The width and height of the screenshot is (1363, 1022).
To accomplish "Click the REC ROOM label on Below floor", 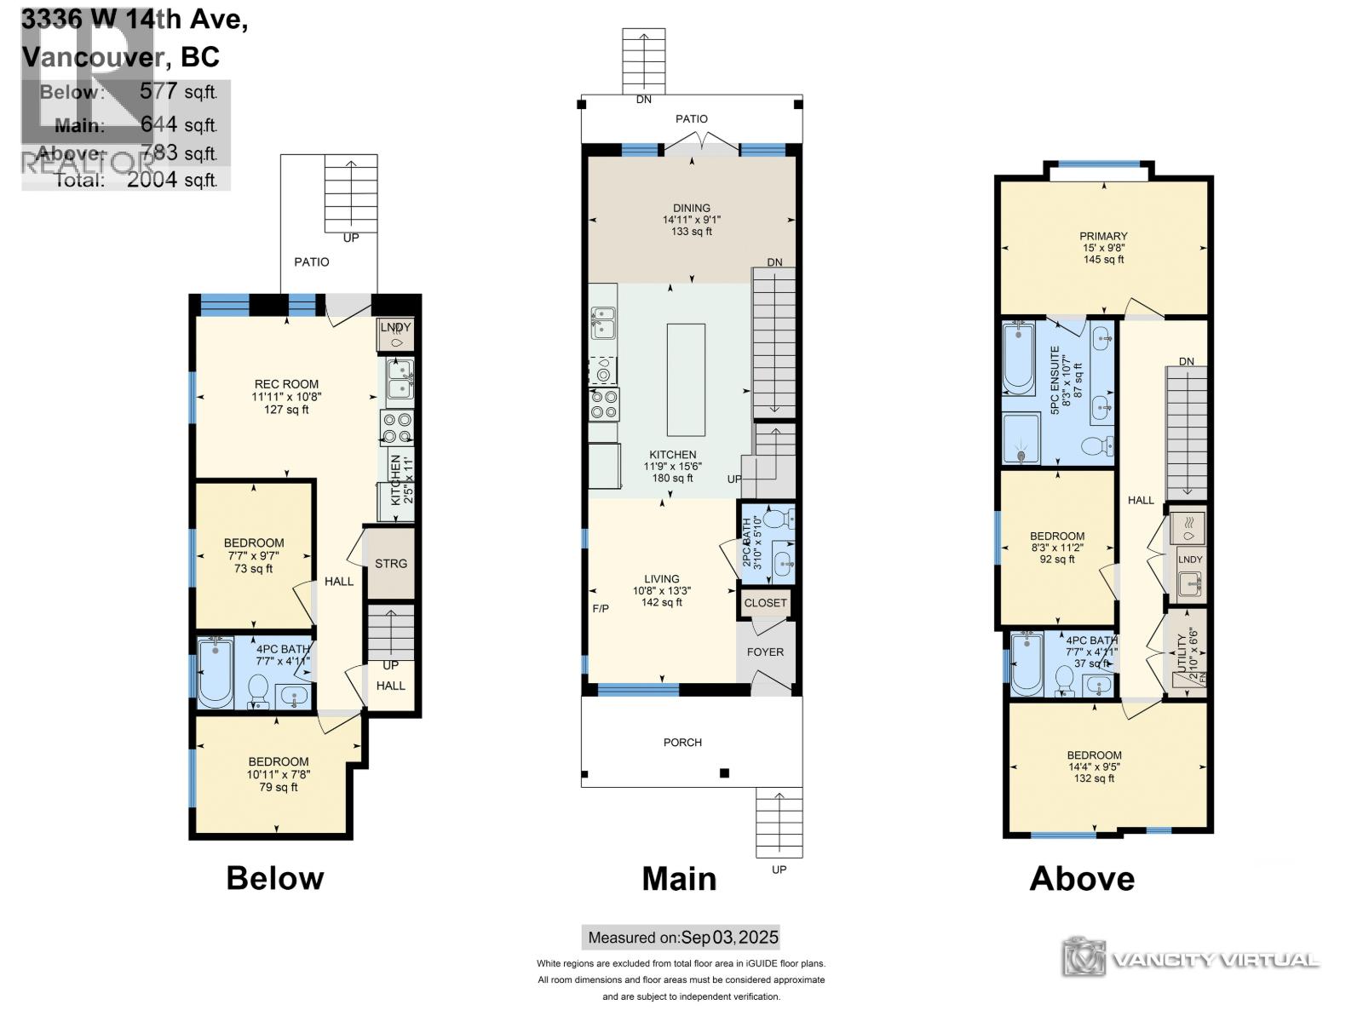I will tap(286, 384).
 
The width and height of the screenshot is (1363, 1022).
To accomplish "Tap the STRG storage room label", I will tap(391, 564).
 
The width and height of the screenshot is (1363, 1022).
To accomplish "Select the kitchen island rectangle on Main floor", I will tap(686, 380).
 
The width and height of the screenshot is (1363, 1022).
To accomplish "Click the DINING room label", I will tap(691, 208).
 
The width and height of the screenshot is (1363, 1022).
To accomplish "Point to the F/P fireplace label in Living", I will tap(601, 609).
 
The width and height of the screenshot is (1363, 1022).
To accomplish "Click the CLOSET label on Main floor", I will tap(765, 603).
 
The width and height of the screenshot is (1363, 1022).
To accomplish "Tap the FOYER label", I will tap(765, 652).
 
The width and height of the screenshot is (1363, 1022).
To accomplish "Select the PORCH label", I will tap(682, 743).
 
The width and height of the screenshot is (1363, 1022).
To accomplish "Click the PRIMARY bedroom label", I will tap(1103, 236).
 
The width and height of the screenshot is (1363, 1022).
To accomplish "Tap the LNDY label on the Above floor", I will tap(1190, 560).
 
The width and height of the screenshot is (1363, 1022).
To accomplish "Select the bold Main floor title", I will tap(679, 878).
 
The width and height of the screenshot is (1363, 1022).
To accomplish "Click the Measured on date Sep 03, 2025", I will tap(729, 938).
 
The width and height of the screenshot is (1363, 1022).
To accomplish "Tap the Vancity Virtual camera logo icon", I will tap(1084, 958).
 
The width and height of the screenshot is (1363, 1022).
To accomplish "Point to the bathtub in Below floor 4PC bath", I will tap(216, 673).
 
